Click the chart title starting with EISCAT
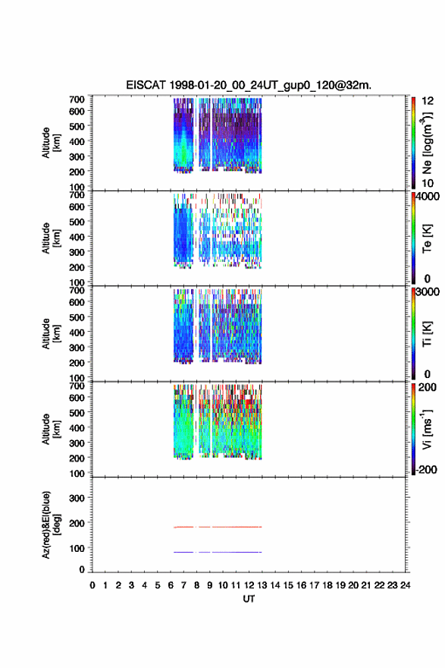[249, 85]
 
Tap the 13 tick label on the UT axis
[262, 585]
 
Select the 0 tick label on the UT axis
[92, 585]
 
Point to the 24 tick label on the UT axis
[405, 585]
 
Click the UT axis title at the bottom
[249, 599]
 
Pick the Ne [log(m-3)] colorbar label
[427, 143]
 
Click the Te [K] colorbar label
[427, 238]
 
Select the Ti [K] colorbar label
[427, 333]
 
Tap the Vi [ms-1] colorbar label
[427, 429]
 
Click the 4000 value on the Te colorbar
[428, 197]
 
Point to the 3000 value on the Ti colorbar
[428, 291]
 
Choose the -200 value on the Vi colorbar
[426, 469]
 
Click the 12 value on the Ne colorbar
[428, 101]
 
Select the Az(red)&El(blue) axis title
[50, 525]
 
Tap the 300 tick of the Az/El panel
[77, 498]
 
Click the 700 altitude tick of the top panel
[77, 99]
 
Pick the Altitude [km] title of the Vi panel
[50, 429]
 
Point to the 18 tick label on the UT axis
[327, 585]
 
